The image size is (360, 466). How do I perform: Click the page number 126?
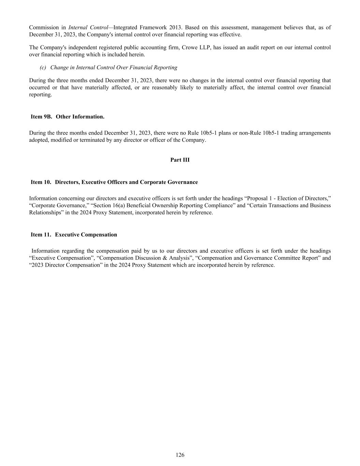pyautogui.click(x=180, y=455)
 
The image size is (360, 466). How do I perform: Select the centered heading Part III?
pyautogui.click(x=180, y=160)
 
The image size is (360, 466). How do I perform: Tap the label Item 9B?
pyautogui.click(x=41, y=117)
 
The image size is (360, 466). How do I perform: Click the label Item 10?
pyautogui.click(x=41, y=182)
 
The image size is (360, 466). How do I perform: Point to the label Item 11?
pyautogui.click(x=41, y=235)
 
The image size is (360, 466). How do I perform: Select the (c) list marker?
pyautogui.click(x=43, y=68)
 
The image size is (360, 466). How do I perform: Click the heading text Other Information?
pyautogui.click(x=80, y=117)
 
